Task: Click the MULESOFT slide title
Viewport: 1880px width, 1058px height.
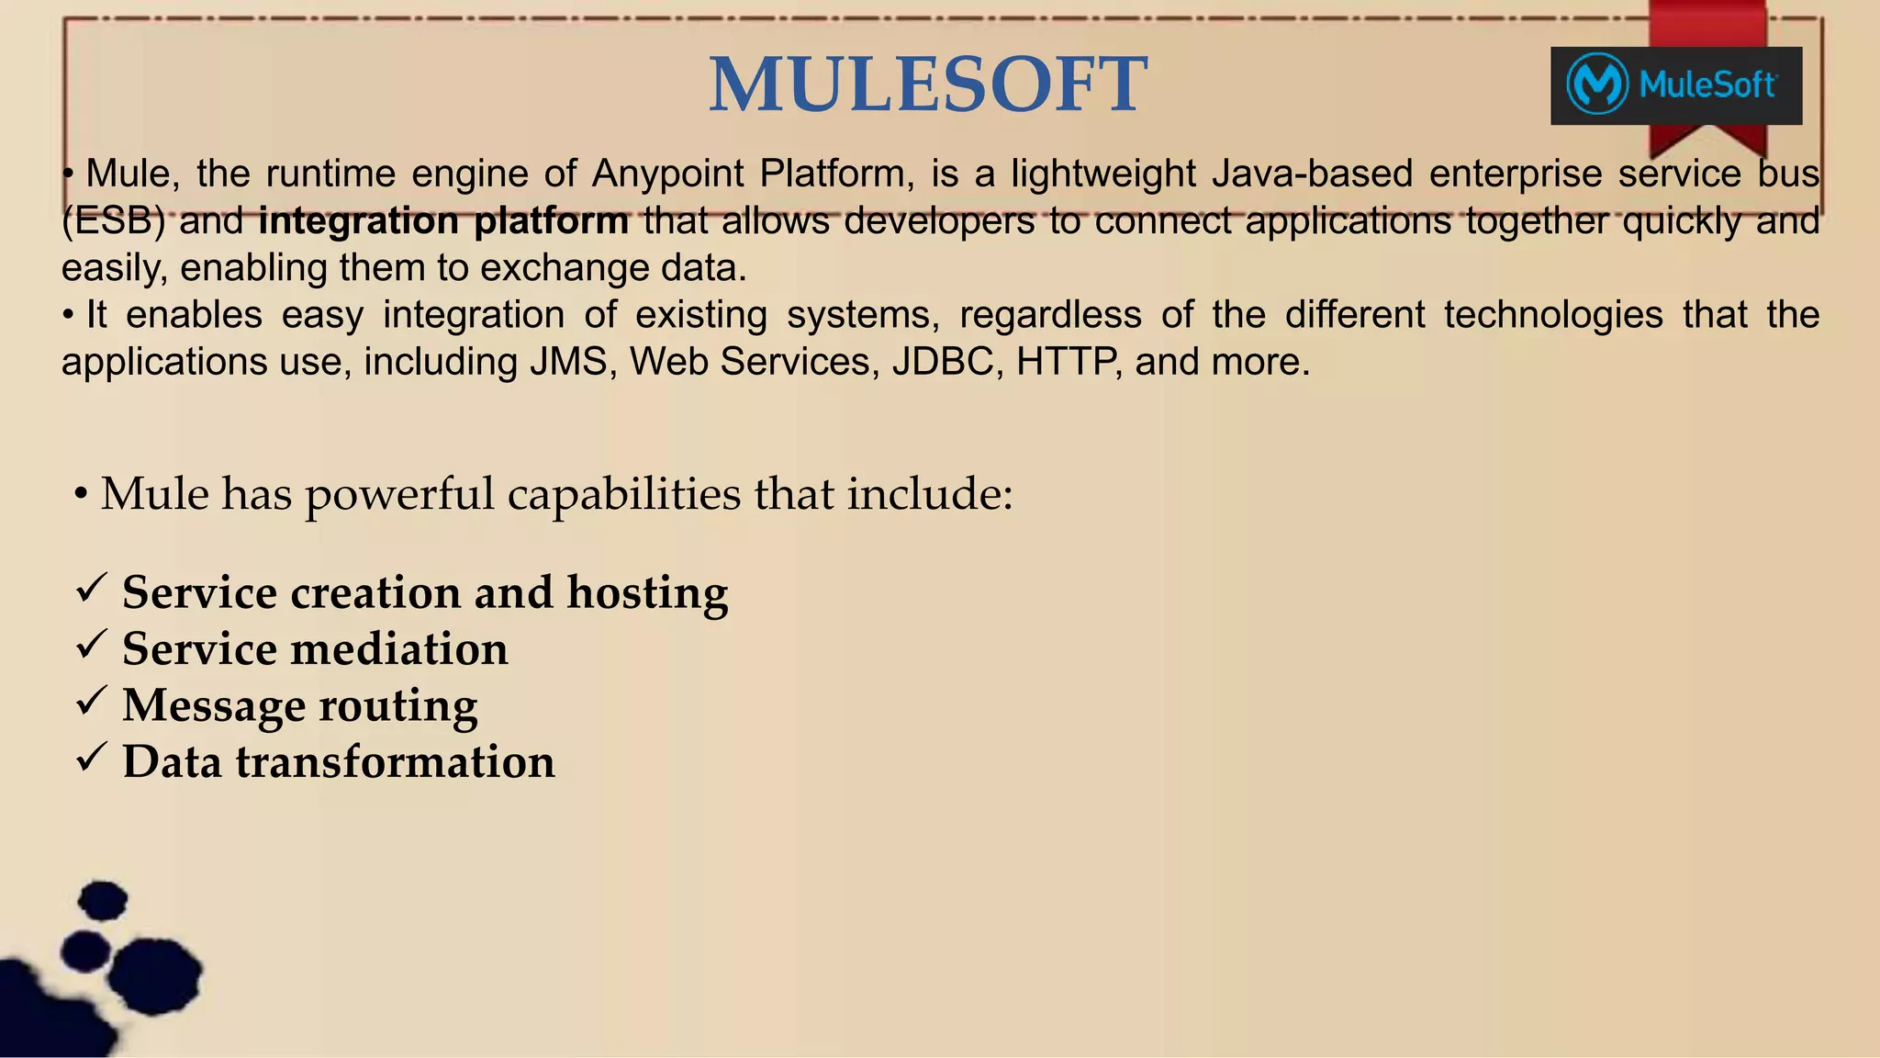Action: [927, 84]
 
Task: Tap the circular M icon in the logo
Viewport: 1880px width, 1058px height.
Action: [1597, 85]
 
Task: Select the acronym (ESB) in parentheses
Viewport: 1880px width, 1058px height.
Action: [113, 221]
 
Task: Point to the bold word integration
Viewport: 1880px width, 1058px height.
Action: [359, 221]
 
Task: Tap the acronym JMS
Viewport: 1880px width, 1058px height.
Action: [569, 362]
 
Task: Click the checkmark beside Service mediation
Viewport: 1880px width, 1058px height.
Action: [92, 645]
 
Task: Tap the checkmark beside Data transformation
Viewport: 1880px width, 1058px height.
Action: [92, 758]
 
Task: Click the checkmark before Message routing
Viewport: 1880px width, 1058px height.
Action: [92, 702]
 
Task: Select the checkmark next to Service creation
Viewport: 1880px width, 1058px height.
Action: [92, 588]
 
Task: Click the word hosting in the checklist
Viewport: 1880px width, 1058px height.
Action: [647, 592]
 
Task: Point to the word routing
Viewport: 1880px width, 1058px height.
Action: [397, 706]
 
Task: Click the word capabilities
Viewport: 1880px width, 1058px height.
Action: [623, 494]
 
